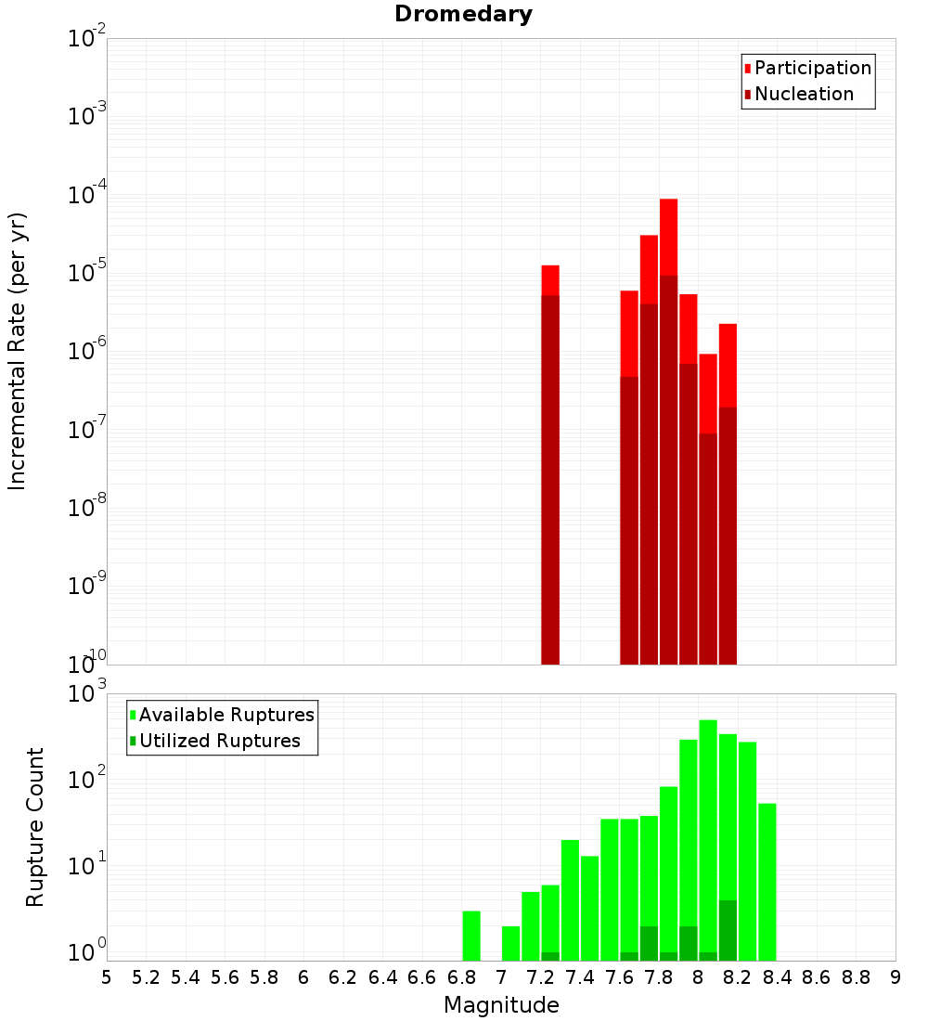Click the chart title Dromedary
tap(463, 14)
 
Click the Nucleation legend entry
tap(803, 94)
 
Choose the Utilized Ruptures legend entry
tap(219, 741)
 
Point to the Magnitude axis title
tap(501, 1005)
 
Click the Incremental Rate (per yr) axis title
tap(18, 352)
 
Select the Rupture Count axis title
tap(35, 827)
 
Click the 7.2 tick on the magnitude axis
tap(540, 977)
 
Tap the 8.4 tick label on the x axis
tap(777, 977)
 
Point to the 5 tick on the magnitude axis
tap(107, 977)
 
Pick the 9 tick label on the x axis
tap(896, 977)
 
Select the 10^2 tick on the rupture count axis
tap(87, 780)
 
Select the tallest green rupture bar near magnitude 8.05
tap(708, 835)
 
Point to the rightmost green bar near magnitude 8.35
tap(767, 882)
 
